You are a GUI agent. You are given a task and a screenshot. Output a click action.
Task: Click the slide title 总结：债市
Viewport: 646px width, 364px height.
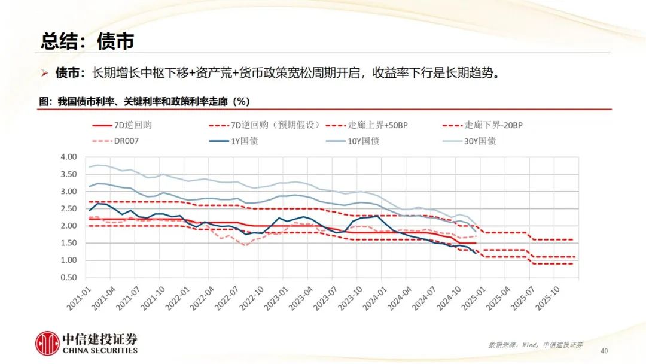click(87, 41)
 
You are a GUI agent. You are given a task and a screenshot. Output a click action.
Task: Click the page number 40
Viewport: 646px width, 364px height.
click(604, 350)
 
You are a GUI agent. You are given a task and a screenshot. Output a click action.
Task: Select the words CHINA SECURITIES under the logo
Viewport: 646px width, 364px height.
click(100, 350)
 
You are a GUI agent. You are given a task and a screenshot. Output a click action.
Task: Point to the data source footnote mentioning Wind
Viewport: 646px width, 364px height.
click(535, 345)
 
